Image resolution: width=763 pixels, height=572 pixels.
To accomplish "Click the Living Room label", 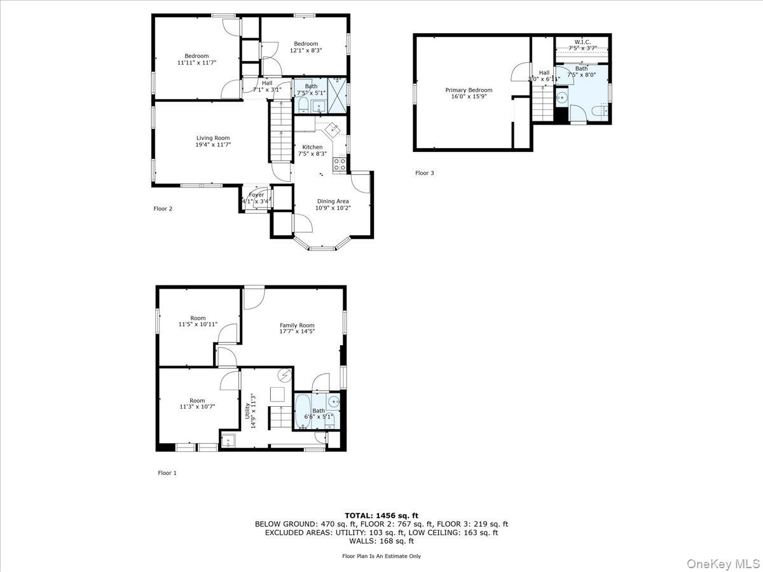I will (212, 138).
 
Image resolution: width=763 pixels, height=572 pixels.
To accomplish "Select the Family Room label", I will (297, 325).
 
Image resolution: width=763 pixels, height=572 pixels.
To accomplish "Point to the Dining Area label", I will (333, 201).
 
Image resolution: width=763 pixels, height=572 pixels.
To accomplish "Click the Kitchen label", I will (312, 147).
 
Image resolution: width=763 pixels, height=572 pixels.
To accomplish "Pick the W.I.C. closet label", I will (582, 42).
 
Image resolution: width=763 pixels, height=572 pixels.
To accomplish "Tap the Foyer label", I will (256, 194).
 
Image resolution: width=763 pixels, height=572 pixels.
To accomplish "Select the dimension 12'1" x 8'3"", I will (306, 50).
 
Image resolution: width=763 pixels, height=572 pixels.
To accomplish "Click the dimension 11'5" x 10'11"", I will (198, 324).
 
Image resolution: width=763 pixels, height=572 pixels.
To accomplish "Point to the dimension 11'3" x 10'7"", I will (197, 406).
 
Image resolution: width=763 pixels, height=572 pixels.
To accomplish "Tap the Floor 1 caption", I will (167, 473).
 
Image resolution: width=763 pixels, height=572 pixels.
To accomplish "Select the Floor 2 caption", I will (163, 208).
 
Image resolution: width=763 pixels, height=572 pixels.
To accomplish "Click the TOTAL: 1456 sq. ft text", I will (381, 515).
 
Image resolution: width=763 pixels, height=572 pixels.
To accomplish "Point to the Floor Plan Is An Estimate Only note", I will (381, 556).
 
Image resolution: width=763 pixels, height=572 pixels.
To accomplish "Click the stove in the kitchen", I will (340, 165).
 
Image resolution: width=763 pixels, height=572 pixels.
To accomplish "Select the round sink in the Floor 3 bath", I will (562, 98).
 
